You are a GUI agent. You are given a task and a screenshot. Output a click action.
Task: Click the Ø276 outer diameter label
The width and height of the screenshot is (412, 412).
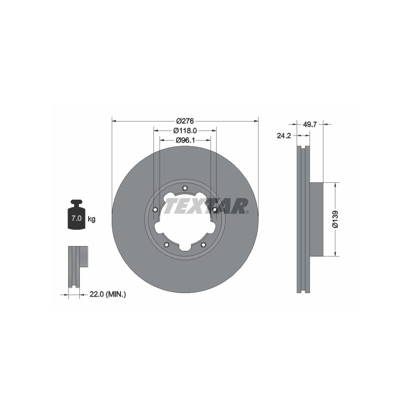click(185, 121)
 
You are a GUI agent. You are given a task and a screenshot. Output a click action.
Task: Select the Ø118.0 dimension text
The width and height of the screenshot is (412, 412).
click(185, 130)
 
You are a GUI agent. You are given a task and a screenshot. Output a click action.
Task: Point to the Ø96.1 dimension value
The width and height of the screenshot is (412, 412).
click(185, 140)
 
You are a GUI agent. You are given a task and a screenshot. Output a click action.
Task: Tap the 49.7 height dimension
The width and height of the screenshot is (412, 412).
click(310, 124)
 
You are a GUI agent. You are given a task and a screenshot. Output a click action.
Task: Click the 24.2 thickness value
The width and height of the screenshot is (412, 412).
click(284, 135)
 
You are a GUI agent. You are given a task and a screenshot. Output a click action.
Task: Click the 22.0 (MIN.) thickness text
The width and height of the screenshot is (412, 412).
click(108, 294)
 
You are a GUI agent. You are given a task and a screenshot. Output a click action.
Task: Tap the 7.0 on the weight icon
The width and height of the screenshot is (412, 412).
click(76, 218)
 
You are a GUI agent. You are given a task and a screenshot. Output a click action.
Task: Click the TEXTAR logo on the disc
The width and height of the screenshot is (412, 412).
click(207, 206)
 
